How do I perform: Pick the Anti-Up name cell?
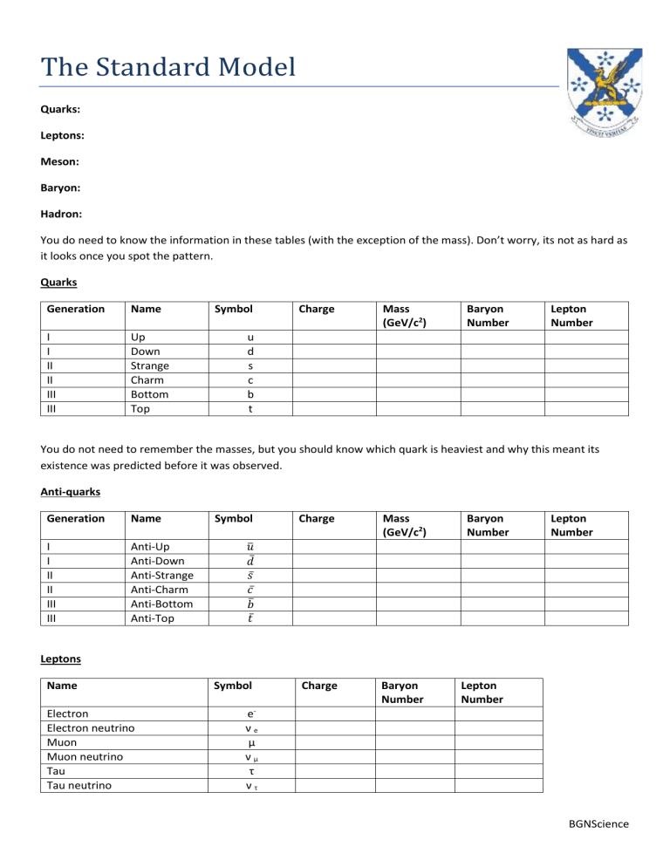[150, 548]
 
